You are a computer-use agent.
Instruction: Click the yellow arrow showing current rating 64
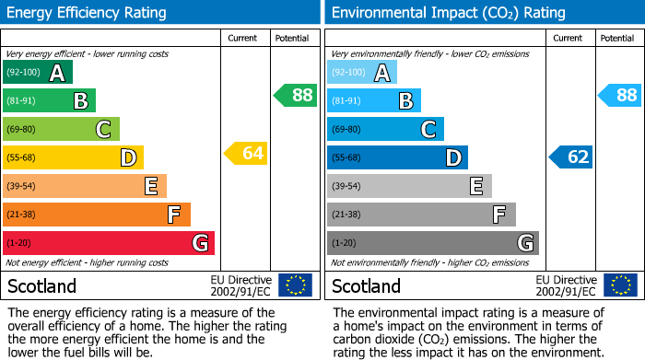[x=246, y=154]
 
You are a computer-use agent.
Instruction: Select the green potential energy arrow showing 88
[x=295, y=95]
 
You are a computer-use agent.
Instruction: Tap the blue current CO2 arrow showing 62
[x=571, y=157]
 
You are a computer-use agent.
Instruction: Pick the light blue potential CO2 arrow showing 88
[x=620, y=95]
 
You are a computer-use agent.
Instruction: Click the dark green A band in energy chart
[x=38, y=73]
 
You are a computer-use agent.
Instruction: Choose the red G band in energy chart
[x=109, y=243]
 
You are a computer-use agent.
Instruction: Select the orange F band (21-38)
[x=97, y=215]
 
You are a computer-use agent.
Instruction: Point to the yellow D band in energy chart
[x=73, y=157]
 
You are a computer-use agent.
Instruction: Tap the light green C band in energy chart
[x=61, y=129]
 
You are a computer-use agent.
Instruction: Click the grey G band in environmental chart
[x=433, y=243]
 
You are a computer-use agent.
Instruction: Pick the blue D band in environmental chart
[x=397, y=157]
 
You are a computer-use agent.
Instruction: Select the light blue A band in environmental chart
[x=362, y=73]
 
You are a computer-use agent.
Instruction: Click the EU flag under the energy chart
[x=295, y=285]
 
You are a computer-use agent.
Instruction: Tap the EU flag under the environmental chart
[x=620, y=285]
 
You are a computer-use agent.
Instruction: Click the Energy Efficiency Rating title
[x=88, y=13]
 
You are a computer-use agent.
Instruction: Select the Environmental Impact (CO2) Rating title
[x=448, y=13]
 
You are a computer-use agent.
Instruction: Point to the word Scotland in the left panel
[x=41, y=285]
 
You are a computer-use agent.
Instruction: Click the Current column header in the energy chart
[x=242, y=38]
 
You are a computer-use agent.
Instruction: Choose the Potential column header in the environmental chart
[x=616, y=38]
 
